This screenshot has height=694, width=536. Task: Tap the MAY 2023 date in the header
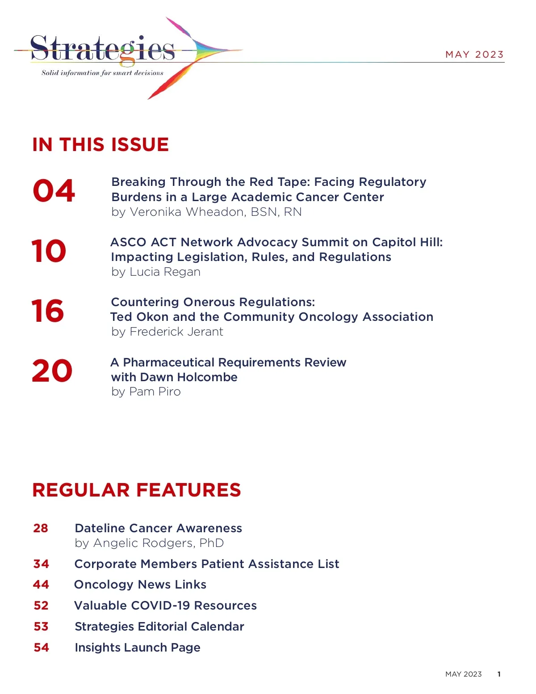pos(474,55)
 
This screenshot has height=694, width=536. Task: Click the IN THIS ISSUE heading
pos(100,145)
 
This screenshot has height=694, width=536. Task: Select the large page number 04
pos(54,191)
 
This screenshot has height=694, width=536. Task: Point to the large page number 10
pos(49,251)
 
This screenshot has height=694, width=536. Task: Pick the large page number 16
pos(48,311)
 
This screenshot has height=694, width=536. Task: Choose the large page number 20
pos(52,371)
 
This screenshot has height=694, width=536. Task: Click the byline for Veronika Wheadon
pos(206,212)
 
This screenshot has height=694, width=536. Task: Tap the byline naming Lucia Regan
pos(156,272)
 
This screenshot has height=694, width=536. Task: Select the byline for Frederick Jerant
pos(167,332)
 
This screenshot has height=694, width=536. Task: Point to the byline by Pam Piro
pos(146,391)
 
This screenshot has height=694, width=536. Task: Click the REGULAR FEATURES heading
pos(137,490)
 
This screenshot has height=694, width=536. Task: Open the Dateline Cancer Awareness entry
pos(158,528)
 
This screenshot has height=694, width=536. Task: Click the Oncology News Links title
pos(140,585)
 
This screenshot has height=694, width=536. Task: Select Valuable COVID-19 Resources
pos(165,606)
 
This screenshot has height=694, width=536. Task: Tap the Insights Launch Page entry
pos(138,648)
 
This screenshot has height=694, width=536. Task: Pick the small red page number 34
pos(41,564)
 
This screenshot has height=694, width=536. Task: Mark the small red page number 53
pos(41,627)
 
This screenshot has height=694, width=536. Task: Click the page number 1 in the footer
pos(499,674)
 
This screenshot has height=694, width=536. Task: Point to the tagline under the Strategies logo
pos(102,73)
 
